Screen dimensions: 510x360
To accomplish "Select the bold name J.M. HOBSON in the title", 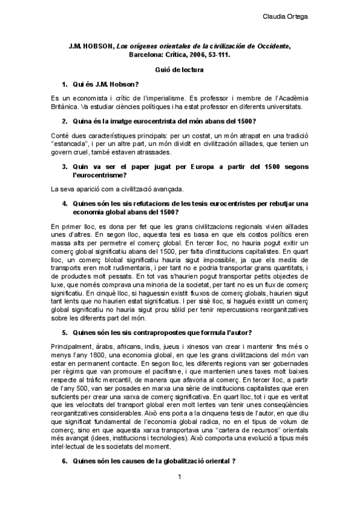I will (91, 46).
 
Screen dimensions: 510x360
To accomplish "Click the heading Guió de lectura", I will (180, 70).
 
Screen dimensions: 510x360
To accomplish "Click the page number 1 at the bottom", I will (180, 494).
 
